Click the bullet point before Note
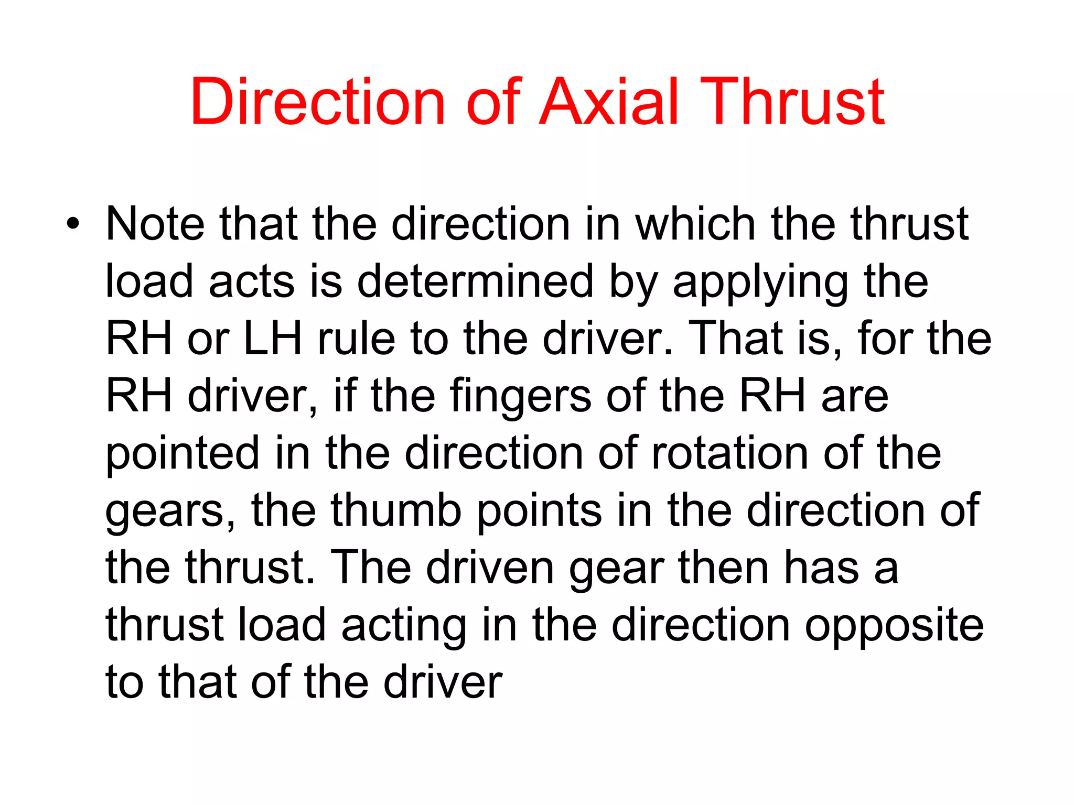[73, 224]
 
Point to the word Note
[155, 224]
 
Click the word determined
[475, 281]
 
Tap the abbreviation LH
[273, 339]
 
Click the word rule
[357, 339]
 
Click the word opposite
[894, 626]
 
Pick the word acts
[252, 281]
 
